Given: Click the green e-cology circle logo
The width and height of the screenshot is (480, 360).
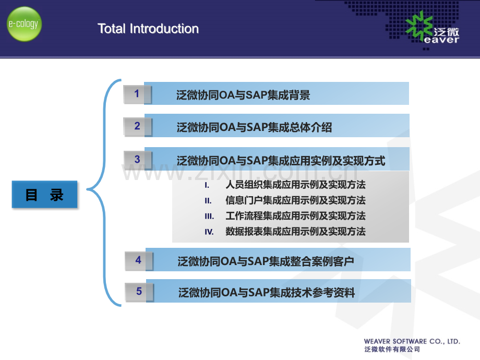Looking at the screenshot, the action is pyautogui.click(x=24, y=24).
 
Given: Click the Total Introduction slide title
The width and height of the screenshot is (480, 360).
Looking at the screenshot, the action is pyautogui.click(x=148, y=29).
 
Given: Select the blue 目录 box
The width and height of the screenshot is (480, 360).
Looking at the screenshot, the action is pyautogui.click(x=45, y=195).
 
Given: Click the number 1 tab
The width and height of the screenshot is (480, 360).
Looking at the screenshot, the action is pyautogui.click(x=137, y=94).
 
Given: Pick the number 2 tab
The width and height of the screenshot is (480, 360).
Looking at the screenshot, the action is pyautogui.click(x=137, y=126).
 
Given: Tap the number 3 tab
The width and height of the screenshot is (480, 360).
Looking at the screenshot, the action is pyautogui.click(x=137, y=160).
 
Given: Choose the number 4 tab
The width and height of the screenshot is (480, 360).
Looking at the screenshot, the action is pyautogui.click(x=139, y=260).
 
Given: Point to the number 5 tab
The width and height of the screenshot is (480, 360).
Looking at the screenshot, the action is pyautogui.click(x=139, y=292).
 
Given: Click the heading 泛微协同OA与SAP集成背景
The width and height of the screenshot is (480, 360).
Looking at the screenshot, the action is pyautogui.click(x=243, y=95).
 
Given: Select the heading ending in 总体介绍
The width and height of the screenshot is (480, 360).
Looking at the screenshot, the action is pyautogui.click(x=254, y=127).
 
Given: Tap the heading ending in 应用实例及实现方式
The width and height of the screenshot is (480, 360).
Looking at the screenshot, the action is pyautogui.click(x=281, y=160).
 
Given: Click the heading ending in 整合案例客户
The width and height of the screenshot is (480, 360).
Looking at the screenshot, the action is pyautogui.click(x=266, y=261).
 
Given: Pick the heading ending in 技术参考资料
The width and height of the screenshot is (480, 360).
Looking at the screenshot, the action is pyautogui.click(x=267, y=292).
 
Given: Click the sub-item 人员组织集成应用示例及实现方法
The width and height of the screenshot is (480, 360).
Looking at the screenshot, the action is pyautogui.click(x=295, y=185).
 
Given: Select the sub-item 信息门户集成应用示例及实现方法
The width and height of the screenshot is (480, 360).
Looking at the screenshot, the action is pyautogui.click(x=295, y=200).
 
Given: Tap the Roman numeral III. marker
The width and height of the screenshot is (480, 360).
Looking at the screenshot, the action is pyautogui.click(x=209, y=217).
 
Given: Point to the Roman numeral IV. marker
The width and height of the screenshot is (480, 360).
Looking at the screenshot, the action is pyautogui.click(x=209, y=232).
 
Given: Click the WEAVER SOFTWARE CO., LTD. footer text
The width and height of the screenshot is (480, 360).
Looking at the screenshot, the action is pyautogui.click(x=412, y=341).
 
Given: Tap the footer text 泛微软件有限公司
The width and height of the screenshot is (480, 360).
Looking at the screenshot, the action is pyautogui.click(x=392, y=349).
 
